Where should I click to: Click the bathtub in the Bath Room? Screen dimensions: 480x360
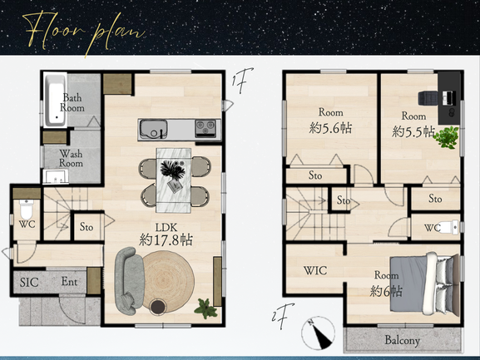click(x=56, y=100)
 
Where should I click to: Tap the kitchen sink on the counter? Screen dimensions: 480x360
click(x=154, y=129)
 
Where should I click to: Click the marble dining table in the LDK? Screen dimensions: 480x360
click(x=174, y=180)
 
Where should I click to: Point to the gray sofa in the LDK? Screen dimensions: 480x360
click(x=128, y=280)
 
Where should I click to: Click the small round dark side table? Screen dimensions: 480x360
click(x=158, y=307)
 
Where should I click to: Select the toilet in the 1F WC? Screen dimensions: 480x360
click(x=27, y=208)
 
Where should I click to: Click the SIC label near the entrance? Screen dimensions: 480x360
click(x=29, y=282)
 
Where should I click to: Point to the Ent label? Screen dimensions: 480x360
click(x=69, y=281)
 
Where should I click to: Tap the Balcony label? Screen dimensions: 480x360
click(x=403, y=340)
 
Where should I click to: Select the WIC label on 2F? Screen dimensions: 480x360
click(x=315, y=270)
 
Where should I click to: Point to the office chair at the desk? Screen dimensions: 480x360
click(x=428, y=98)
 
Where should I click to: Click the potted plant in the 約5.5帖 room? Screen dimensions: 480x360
click(x=447, y=137)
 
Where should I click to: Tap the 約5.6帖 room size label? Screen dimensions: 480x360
click(x=330, y=128)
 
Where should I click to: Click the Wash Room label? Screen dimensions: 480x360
click(x=71, y=158)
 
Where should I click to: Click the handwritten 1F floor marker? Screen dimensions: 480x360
click(x=242, y=80)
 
